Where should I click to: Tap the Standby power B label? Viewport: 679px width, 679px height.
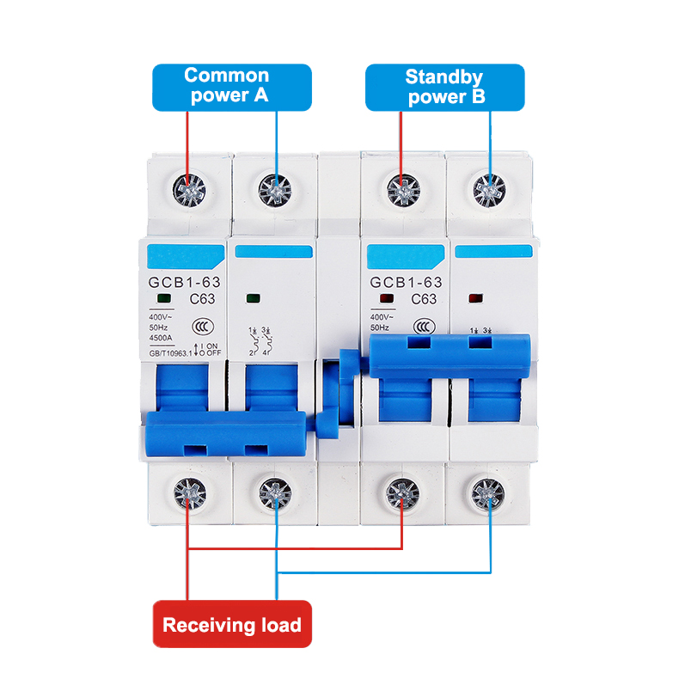pyautogui.click(x=445, y=87)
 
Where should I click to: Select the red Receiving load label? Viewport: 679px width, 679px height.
pyautogui.click(x=232, y=624)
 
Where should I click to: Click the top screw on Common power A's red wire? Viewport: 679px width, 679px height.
pyautogui.click(x=188, y=189)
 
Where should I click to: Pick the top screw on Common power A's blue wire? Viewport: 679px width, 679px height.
pyautogui.click(x=276, y=189)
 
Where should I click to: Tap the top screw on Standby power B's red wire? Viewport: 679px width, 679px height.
pyautogui.click(x=401, y=189)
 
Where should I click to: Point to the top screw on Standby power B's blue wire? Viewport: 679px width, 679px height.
pyautogui.click(x=489, y=189)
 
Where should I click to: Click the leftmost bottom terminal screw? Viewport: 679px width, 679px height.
pyautogui.click(x=188, y=494)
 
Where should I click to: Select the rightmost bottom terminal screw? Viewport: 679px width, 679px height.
pyautogui.click(x=489, y=494)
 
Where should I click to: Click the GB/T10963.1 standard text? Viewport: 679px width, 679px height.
pyautogui.click(x=163, y=352)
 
